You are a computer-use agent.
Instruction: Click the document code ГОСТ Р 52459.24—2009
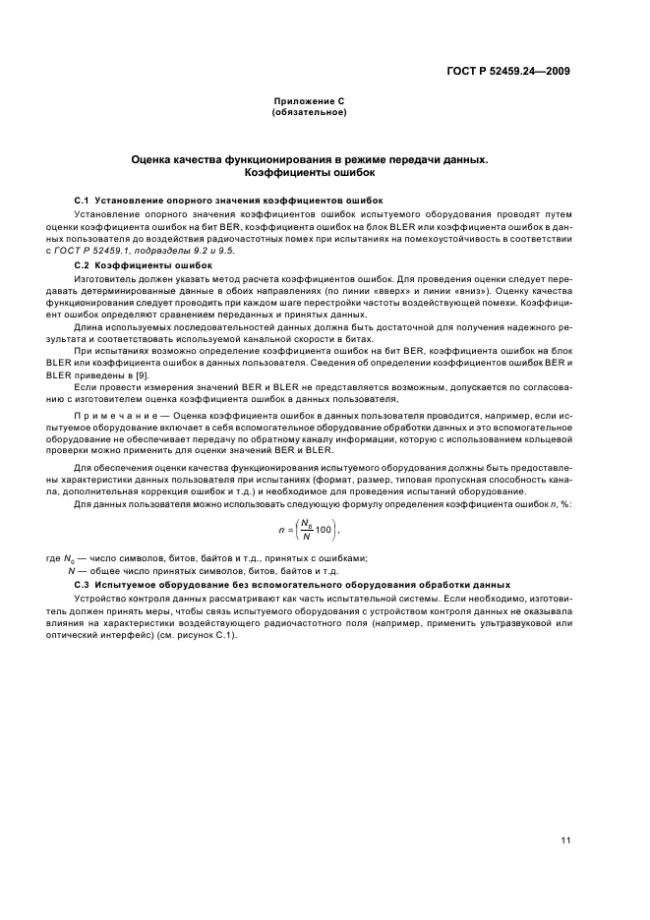pos(508,71)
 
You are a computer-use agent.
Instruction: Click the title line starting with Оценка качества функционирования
pos(310,158)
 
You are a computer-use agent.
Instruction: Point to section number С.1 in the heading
pos(83,200)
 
